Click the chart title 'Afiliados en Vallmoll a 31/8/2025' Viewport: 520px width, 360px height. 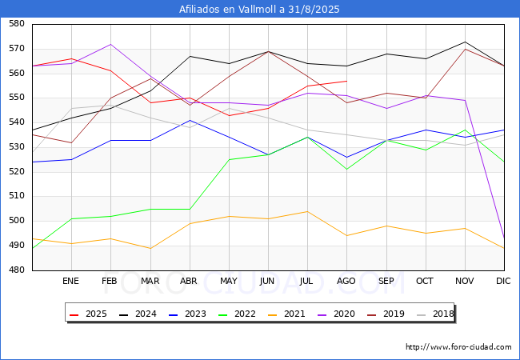pyautogui.click(x=260, y=10)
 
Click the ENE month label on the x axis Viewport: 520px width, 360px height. pyautogui.click(x=71, y=282)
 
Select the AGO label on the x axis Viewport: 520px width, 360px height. pyautogui.click(x=346, y=282)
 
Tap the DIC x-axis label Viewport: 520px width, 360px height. pyautogui.click(x=504, y=282)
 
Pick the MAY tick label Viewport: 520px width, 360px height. pyautogui.click(x=229, y=282)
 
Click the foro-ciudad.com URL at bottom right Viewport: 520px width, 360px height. pyautogui.click(x=458, y=347)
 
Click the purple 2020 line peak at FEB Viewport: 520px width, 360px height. pyautogui.click(x=110, y=44)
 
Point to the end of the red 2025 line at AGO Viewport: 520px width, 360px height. pyautogui.click(x=346, y=81)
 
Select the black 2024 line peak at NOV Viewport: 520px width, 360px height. pyautogui.click(x=465, y=42)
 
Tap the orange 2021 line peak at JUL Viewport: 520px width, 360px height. pyautogui.click(x=307, y=211)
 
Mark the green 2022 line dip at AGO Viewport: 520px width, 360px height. pyautogui.click(x=346, y=169)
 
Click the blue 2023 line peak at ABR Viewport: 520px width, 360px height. pyautogui.click(x=189, y=120)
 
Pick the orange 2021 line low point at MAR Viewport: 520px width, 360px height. pyautogui.click(x=150, y=248)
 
